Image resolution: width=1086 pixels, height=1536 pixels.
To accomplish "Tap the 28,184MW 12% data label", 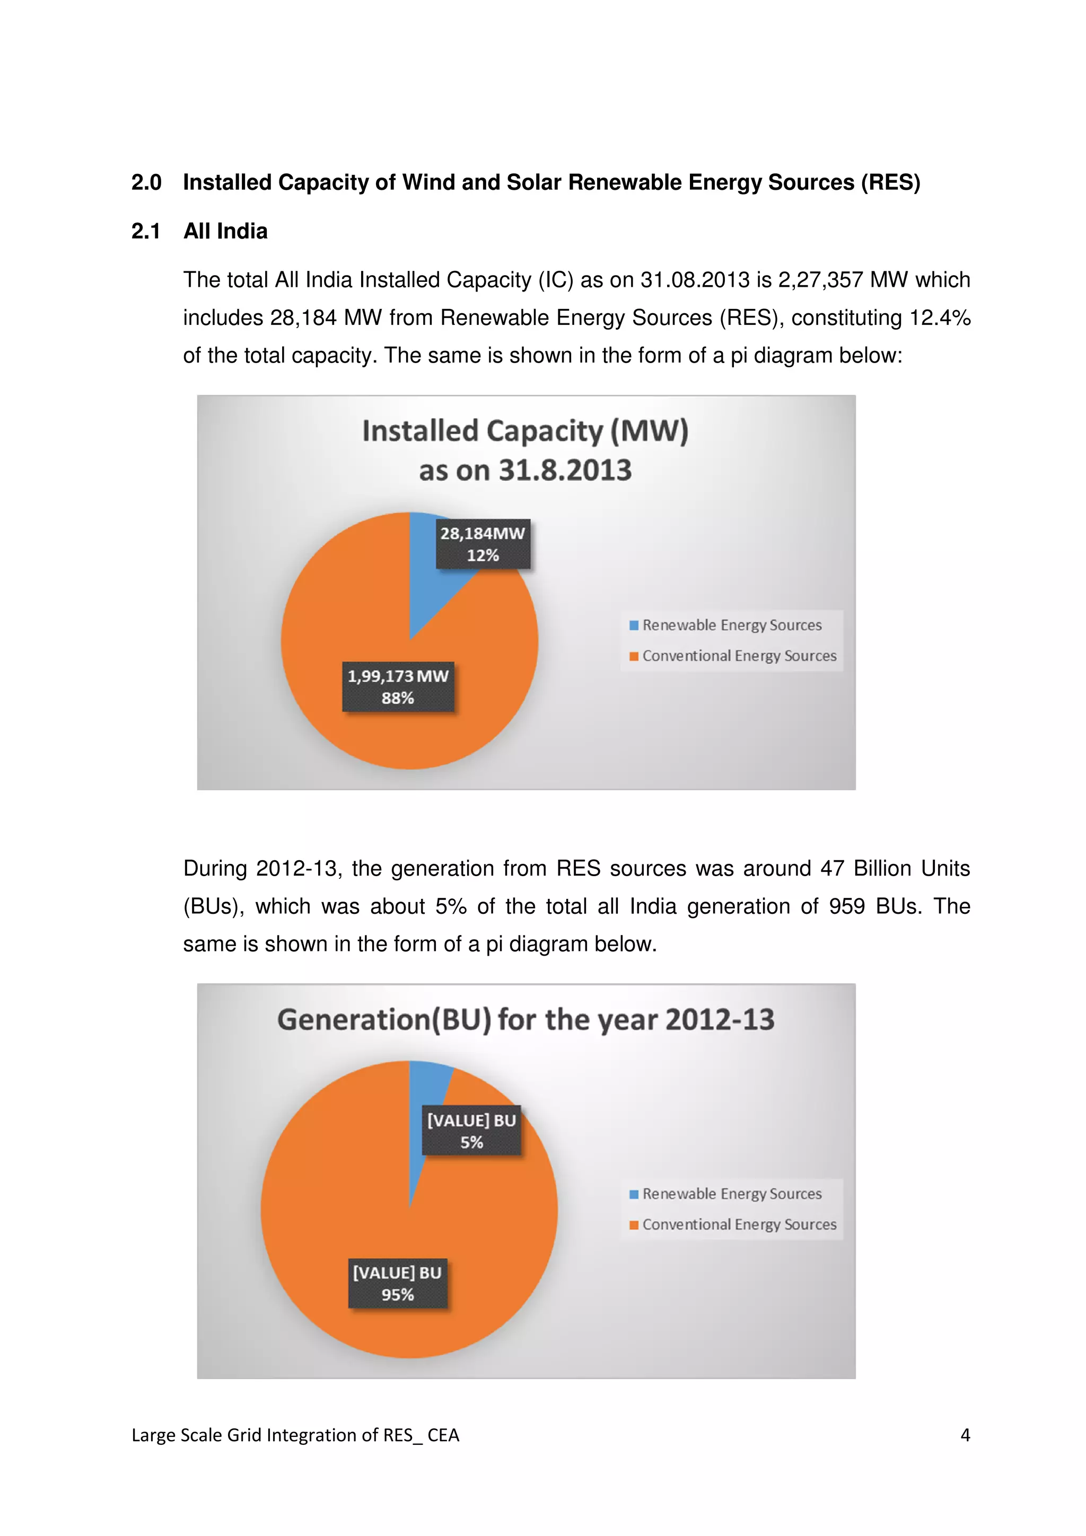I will [483, 544].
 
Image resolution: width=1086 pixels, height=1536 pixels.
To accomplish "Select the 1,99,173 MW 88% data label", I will [398, 687].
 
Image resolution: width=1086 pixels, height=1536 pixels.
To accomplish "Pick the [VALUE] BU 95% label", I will [398, 1283].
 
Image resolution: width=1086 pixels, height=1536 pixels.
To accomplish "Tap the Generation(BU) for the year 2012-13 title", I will [526, 1020].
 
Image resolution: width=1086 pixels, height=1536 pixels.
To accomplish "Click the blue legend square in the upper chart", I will [634, 625].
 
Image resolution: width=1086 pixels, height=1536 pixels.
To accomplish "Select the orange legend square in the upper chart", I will [634, 656].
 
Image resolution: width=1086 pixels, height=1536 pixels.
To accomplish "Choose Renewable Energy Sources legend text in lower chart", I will [732, 1194].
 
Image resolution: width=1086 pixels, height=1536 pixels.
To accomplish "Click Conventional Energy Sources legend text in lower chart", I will [739, 1225].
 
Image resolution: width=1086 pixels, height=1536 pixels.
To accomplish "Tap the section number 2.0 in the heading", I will [146, 183].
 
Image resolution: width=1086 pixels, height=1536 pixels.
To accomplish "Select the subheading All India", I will [225, 232].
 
